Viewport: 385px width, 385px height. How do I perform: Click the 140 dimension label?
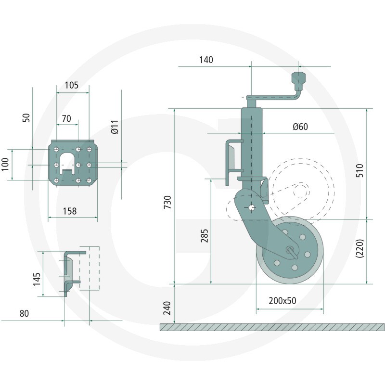pyautogui.click(x=206, y=60)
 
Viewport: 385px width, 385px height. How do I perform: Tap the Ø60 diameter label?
pyautogui.click(x=300, y=127)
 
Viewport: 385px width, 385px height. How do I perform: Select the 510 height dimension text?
pyautogui.click(x=359, y=170)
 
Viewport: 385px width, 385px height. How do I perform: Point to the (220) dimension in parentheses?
pyautogui.click(x=359, y=248)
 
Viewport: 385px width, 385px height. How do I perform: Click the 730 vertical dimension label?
pyautogui.click(x=167, y=202)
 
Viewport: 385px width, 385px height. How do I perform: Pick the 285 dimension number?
pyautogui.click(x=204, y=236)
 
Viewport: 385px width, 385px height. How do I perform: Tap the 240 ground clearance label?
pyautogui.click(x=167, y=308)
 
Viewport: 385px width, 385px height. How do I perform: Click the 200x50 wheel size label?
pyautogui.click(x=282, y=301)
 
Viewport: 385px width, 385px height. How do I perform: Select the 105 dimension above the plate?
pyautogui.click(x=71, y=85)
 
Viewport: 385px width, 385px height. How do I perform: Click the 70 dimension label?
pyautogui.click(x=66, y=118)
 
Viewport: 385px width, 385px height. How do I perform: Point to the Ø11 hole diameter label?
pyautogui.click(x=115, y=127)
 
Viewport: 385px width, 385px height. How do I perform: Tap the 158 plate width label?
pyautogui.click(x=70, y=211)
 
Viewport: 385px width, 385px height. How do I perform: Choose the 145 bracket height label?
pyautogui.click(x=37, y=279)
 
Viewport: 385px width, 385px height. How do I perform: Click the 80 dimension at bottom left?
pyautogui.click(x=24, y=314)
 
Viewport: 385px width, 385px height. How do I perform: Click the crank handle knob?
pyautogui.click(x=298, y=78)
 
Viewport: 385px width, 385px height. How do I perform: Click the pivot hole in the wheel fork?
pyautogui.click(x=252, y=208)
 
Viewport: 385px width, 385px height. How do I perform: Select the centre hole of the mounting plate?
pyautogui.click(x=78, y=165)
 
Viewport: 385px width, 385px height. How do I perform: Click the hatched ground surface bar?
pyautogui.click(x=272, y=327)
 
